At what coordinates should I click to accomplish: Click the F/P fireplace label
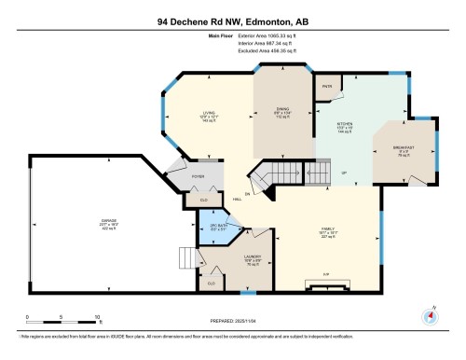pyautogui.click(x=323, y=273)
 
